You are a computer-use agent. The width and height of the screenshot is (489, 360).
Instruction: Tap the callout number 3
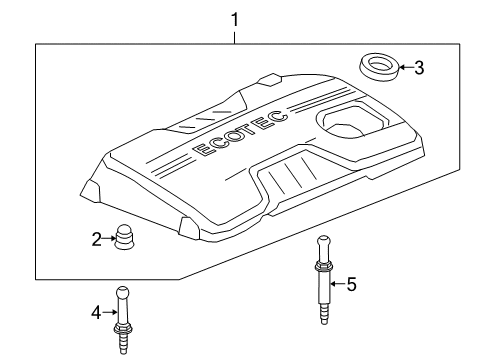pyautogui.click(x=419, y=68)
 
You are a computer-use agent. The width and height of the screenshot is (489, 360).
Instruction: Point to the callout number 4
pyautogui.click(x=97, y=313)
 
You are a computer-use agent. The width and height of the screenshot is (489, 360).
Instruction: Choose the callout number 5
pyautogui.click(x=351, y=284)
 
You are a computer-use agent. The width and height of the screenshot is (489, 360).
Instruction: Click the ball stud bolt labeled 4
pyautogui.click(x=125, y=314)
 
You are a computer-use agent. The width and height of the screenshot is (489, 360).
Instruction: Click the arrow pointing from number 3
pyautogui.click(x=403, y=68)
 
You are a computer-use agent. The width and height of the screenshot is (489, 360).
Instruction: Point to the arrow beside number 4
pyautogui.click(x=109, y=313)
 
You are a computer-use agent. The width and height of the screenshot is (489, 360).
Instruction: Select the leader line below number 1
pyautogui.click(x=235, y=34)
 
